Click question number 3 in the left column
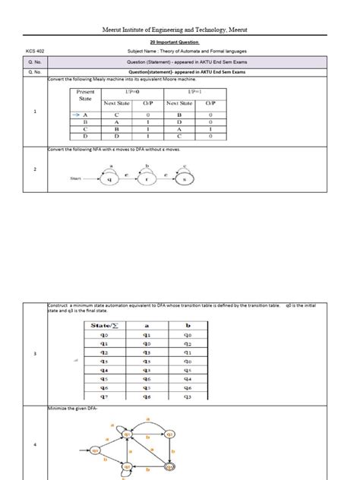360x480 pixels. [x=36, y=354]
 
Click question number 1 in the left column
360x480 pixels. [x=36, y=112]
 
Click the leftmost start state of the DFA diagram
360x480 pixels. [x=96, y=450]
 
